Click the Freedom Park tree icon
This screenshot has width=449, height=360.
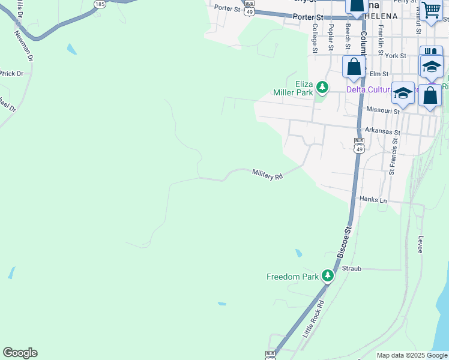pos(327,276)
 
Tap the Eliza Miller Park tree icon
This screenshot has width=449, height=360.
pos(322,88)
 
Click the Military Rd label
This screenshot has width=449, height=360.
pos(267,174)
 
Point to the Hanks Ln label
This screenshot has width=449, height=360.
pos(373,199)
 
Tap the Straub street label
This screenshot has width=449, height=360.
pos(352,269)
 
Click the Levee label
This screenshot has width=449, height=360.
pos(420,244)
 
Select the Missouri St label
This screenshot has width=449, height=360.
pos(383,111)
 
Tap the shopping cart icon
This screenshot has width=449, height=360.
pos(431,11)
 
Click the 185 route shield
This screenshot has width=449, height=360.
pos(99,4)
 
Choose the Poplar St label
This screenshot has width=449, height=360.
pos(330,38)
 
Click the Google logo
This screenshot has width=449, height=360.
pos(20,353)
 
